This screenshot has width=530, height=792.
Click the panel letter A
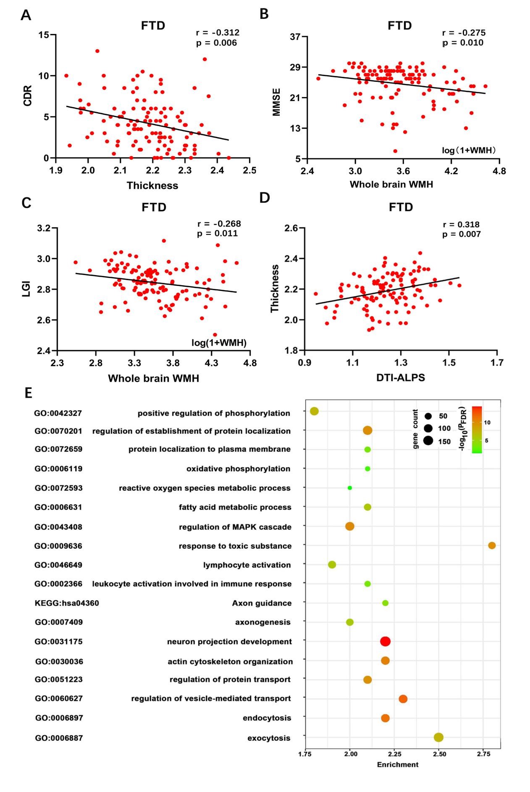click(x=26, y=15)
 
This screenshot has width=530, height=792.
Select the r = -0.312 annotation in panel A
click(x=218, y=33)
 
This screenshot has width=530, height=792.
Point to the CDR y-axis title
click(x=27, y=95)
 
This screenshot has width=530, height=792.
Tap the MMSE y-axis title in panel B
click(x=276, y=102)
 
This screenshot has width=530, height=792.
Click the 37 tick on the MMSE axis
click(x=295, y=37)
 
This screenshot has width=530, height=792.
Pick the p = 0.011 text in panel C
click(x=217, y=233)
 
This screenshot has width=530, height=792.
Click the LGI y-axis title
click(x=26, y=289)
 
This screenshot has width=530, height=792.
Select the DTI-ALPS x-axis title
click(x=400, y=378)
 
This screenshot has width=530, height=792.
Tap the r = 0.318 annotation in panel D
click(x=461, y=224)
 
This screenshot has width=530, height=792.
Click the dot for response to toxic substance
click(x=492, y=545)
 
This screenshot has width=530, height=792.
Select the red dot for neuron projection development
click(x=385, y=641)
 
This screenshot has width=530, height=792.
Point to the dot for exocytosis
click(x=438, y=737)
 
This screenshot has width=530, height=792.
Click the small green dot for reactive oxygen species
click(x=349, y=488)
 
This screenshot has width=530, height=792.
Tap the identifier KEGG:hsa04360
click(x=67, y=603)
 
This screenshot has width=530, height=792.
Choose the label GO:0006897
click(x=59, y=718)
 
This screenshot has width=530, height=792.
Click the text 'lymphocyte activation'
click(x=247, y=565)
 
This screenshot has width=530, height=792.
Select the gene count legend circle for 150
click(x=428, y=441)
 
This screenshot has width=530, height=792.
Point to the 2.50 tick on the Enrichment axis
click(x=439, y=754)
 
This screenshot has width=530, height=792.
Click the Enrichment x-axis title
click(x=397, y=764)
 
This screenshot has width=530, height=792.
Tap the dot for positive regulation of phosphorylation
click(x=314, y=411)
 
